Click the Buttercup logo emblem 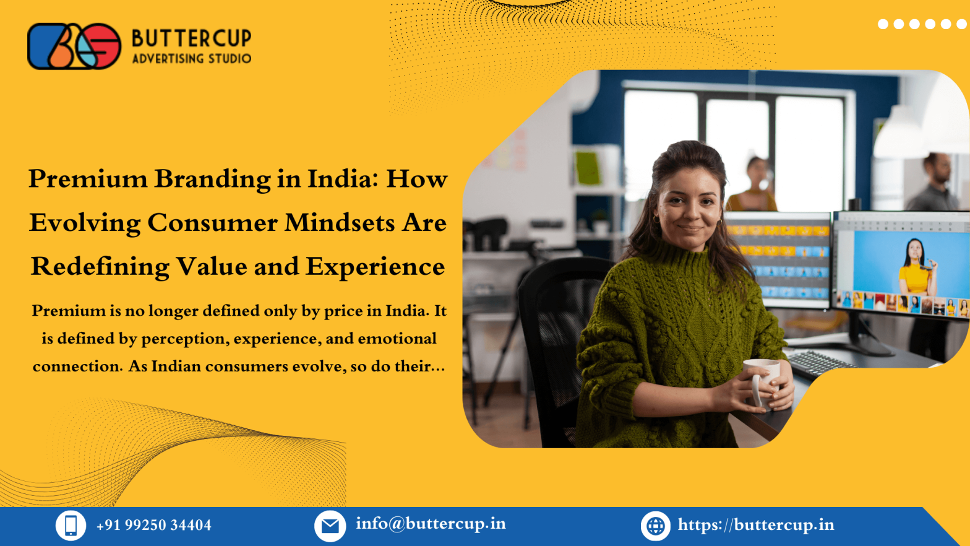(74, 46)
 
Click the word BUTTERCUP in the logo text (191, 38)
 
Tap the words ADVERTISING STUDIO (191, 59)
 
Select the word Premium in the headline (88, 180)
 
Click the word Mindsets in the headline (339, 223)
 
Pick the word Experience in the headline (375, 267)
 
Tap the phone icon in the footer (71, 526)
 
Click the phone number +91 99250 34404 (153, 526)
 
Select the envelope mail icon (330, 526)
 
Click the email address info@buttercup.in (431, 524)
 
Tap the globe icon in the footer (656, 526)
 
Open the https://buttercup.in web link (755, 525)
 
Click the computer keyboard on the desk (817, 363)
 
